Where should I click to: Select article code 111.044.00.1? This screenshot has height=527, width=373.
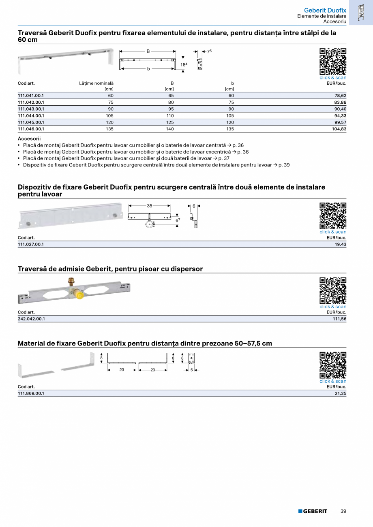pyautogui.click(x=31, y=115)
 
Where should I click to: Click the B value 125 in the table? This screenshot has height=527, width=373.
pyautogui.click(x=169, y=122)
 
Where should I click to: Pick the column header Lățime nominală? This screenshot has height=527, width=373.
pyautogui.click(x=96, y=83)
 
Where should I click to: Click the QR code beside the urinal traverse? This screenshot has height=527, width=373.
pyautogui.click(x=333, y=290)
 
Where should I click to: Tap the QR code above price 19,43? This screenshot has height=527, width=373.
pyautogui.click(x=333, y=216)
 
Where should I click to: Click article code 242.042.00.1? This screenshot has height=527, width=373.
pyautogui.click(x=31, y=319)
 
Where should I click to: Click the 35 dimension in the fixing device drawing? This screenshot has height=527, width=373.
pyautogui.click(x=150, y=206)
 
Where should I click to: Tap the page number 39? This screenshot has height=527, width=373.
pyautogui.click(x=343, y=511)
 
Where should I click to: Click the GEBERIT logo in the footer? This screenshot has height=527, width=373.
pyautogui.click(x=313, y=511)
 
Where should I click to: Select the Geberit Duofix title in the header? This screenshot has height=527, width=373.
pyautogui.click(x=325, y=10)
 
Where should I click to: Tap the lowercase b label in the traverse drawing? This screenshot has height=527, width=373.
pyautogui.click(x=148, y=69)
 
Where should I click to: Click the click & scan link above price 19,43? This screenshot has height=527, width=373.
pyautogui.click(x=333, y=232)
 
